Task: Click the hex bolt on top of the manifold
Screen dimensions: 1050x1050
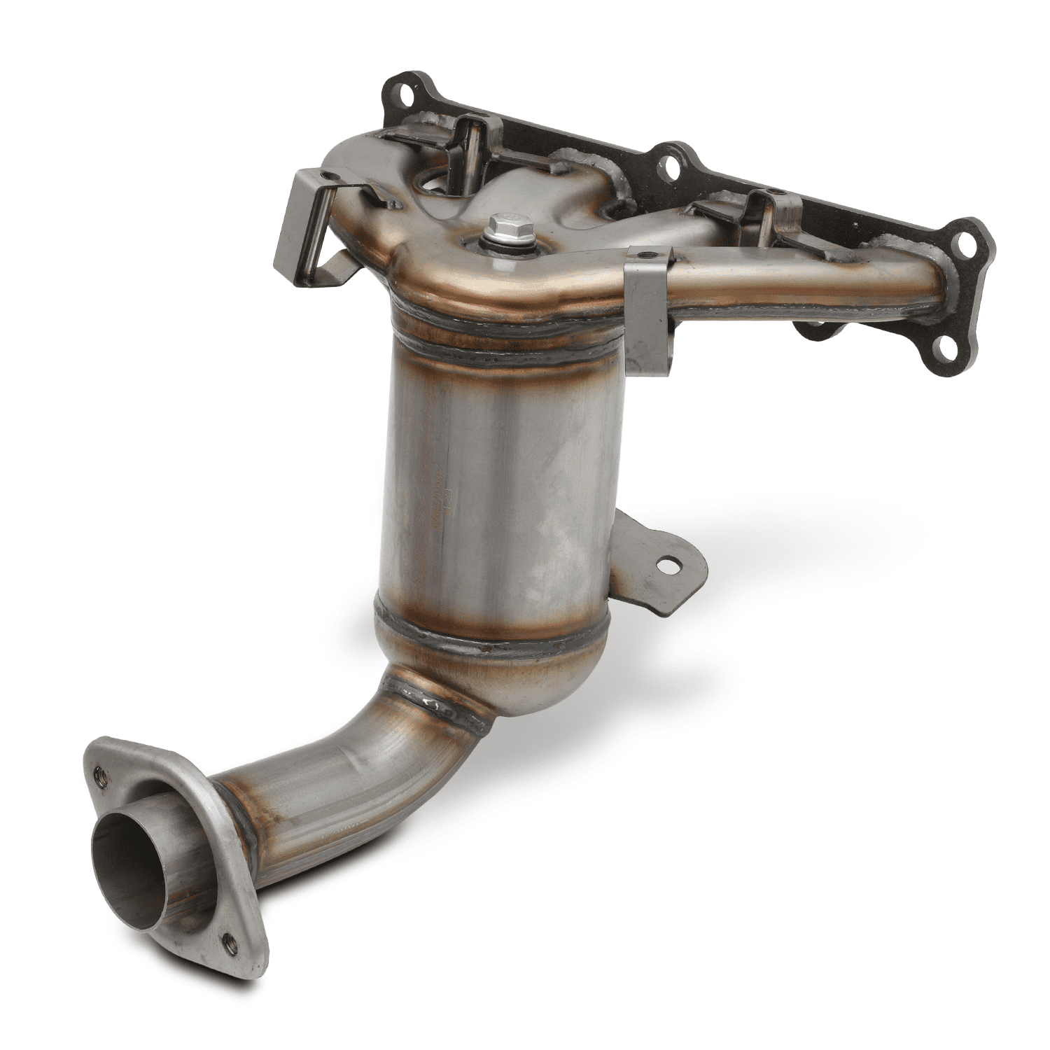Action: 500,226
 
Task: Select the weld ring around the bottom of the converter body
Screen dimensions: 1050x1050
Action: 490,640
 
